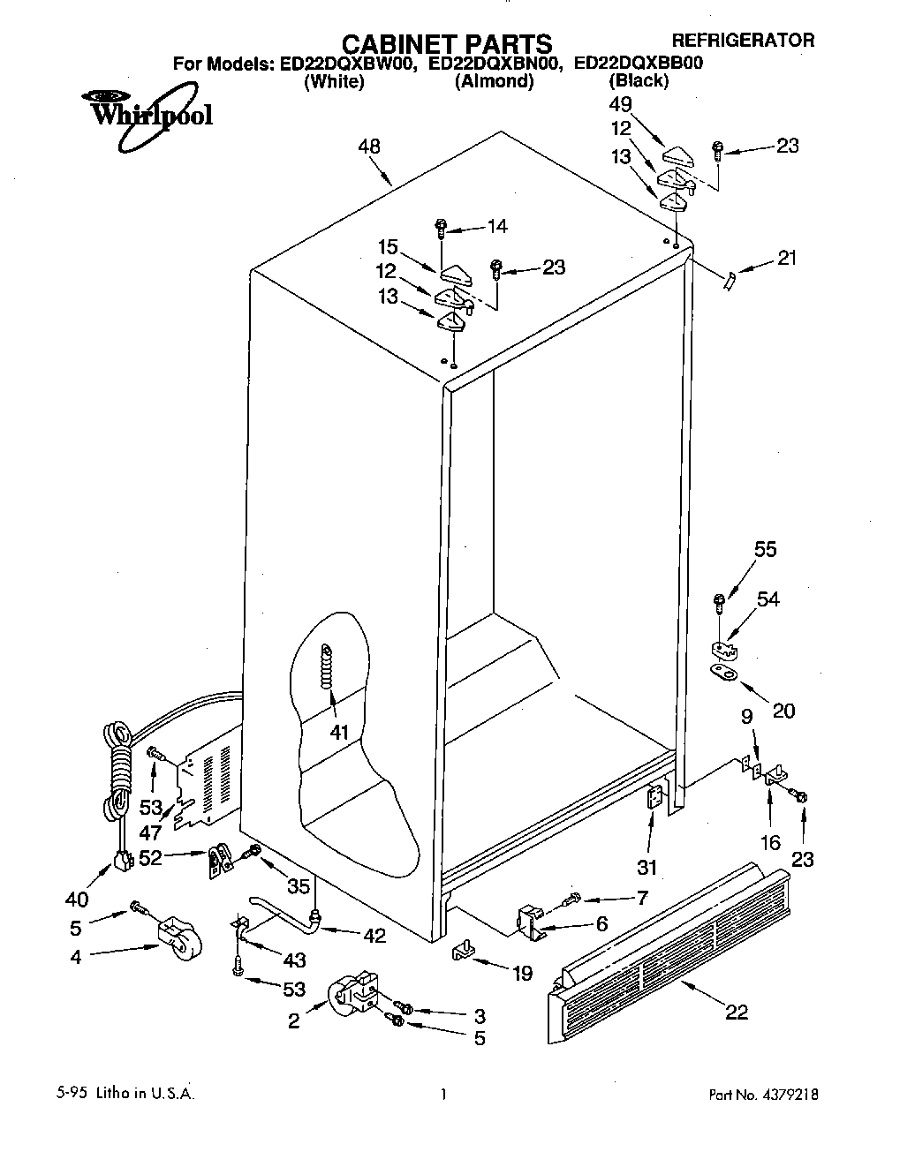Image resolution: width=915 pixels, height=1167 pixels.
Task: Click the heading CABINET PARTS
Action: coord(446,43)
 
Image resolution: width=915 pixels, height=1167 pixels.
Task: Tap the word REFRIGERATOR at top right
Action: coord(743,40)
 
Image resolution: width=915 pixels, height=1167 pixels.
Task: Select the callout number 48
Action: coord(369,147)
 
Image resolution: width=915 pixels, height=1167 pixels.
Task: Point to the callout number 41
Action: coord(339,732)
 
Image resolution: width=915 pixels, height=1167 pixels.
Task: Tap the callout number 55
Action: coord(765,549)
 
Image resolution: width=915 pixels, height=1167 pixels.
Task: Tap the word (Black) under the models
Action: coord(639,81)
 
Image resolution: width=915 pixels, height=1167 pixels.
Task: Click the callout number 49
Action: coord(622,104)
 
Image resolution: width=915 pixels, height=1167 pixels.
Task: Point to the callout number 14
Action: coord(497,227)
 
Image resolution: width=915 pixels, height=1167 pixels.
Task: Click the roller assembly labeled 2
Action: coord(354,997)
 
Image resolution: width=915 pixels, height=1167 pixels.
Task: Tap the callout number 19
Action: coord(523,974)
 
